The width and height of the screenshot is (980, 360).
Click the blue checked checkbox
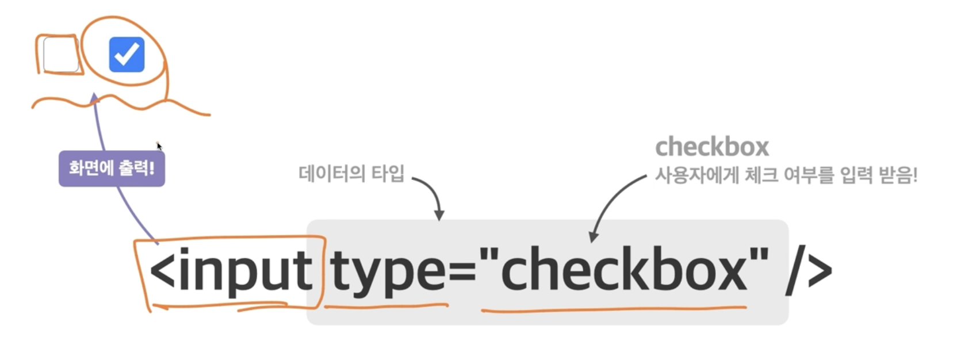pos(127,55)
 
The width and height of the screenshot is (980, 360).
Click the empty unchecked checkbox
pos(61,55)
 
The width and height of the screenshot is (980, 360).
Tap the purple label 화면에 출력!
pos(112,168)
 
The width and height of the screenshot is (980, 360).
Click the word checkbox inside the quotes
pos(625,270)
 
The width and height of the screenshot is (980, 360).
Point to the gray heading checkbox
pos(712,147)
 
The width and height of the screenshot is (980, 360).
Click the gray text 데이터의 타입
pos(351,173)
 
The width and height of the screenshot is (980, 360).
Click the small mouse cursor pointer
pos(159,145)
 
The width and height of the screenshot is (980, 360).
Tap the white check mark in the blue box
pos(127,54)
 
